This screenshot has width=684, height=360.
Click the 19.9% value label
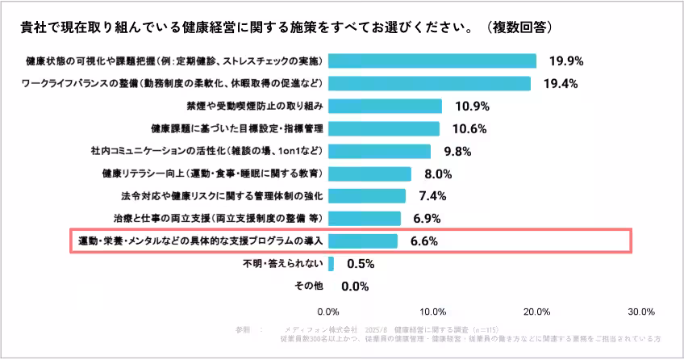566,61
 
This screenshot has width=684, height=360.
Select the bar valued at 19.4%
429,83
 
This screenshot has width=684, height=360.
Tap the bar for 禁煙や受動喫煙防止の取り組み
385,106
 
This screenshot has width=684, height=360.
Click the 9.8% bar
379,151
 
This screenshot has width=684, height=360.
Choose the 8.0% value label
438,174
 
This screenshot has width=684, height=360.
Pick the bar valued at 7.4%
367,196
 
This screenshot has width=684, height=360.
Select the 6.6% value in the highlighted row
423,241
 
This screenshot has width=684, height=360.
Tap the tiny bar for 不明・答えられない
331,264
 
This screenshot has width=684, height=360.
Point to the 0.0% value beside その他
355,286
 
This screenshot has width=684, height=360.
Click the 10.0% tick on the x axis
433,312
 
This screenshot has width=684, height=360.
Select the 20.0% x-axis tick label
537,312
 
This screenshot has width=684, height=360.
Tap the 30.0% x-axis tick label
641,312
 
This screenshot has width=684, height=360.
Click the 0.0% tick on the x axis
328,312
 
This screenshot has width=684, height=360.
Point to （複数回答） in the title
519,27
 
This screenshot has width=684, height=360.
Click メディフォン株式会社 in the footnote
318,329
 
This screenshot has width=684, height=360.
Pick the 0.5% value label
360,264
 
